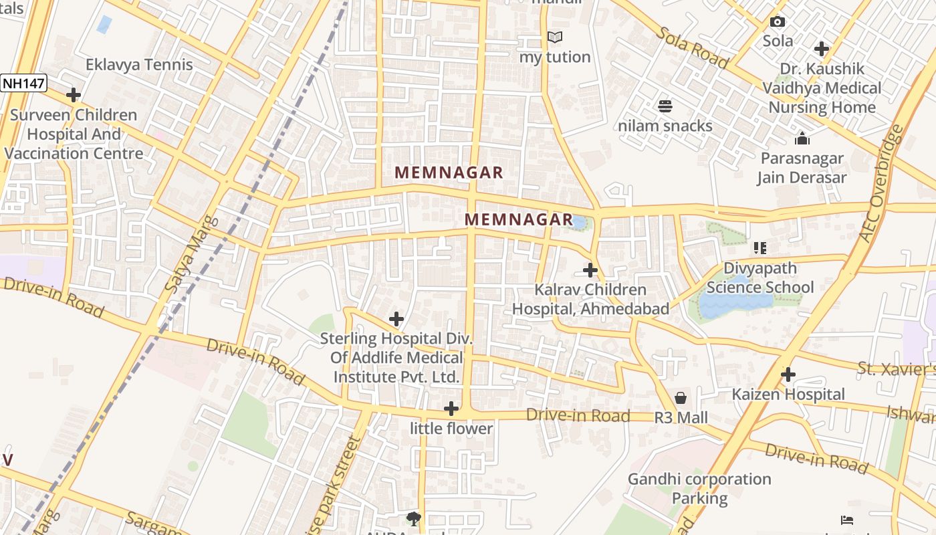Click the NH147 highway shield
[x=23, y=83]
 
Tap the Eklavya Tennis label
[x=139, y=65]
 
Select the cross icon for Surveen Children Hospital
[x=74, y=95]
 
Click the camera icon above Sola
[x=778, y=21]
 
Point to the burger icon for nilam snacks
[x=665, y=106]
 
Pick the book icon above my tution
[x=555, y=37]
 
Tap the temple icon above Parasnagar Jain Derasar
[x=802, y=138]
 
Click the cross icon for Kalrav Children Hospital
[x=590, y=270]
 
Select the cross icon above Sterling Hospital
[x=396, y=319]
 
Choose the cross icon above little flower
[x=451, y=409]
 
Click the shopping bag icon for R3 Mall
[x=681, y=398]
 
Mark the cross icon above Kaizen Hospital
[x=788, y=374]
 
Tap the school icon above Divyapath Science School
[x=759, y=248]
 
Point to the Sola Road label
[x=691, y=47]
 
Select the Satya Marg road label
[x=182, y=254]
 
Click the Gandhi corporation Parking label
[x=699, y=489]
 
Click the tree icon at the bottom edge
[x=414, y=518]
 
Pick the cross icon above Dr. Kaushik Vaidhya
[x=822, y=49]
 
